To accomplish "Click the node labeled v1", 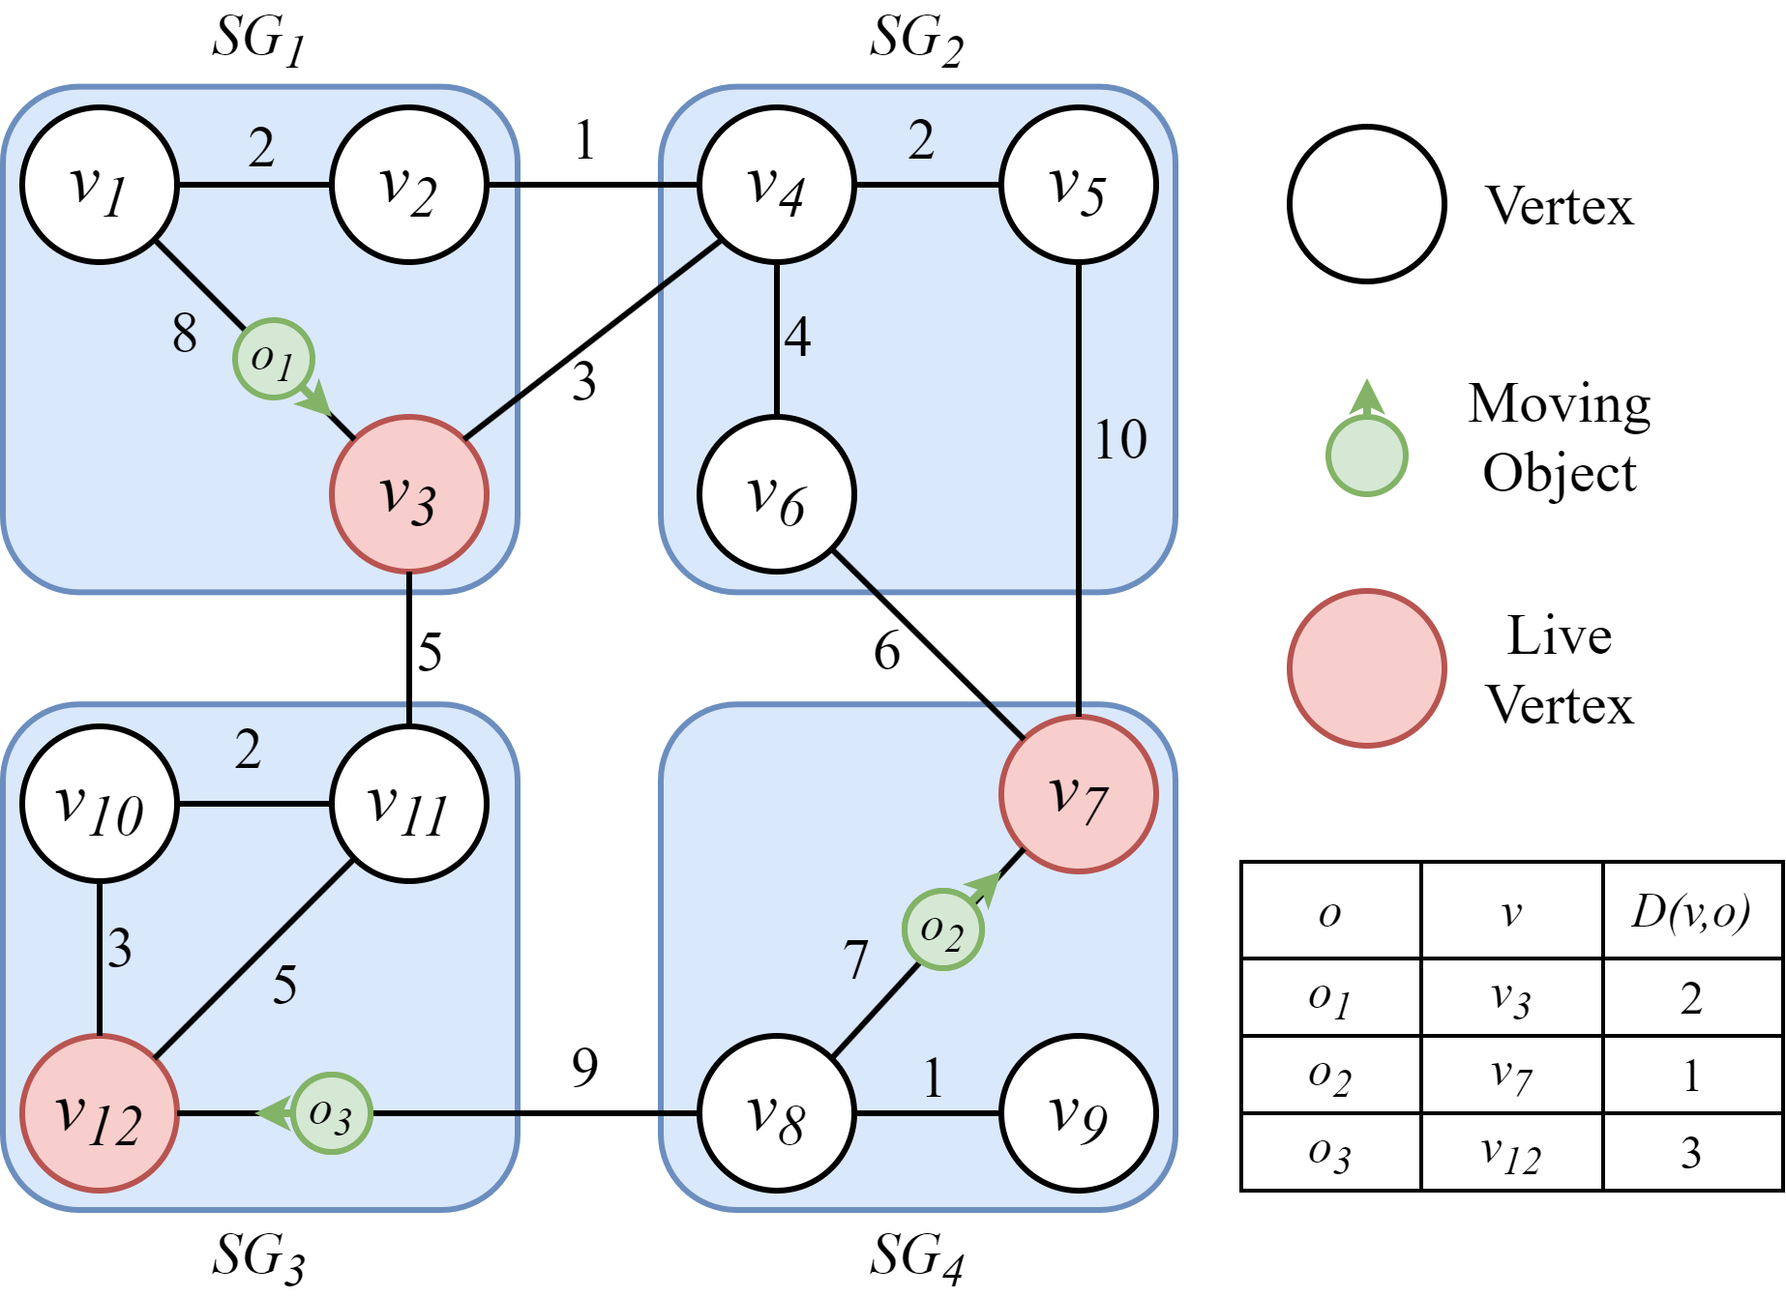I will tap(100, 185).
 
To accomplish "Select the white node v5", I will tap(1078, 185).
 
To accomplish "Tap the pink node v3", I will tap(408, 494).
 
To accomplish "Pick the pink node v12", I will tap(100, 1113).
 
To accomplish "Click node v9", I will tap(1078, 1113).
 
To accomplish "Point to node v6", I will tap(777, 494).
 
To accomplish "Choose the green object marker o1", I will tap(273, 359).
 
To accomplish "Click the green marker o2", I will tap(942, 929).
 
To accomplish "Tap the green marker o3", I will tap(332, 1113).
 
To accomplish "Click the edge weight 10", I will tap(1120, 440).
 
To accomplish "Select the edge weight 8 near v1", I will tap(185, 334).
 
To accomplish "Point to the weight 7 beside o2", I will tap(855, 960).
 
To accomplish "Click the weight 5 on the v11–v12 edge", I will tap(284, 986).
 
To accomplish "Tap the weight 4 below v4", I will tap(797, 338).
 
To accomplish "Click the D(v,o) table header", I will tap(1691, 912).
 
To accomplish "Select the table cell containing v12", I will tap(1511, 1153).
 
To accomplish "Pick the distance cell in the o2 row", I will tap(1691, 1076).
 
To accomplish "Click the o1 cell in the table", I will tap(1330, 998).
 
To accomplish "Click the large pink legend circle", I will tap(1367, 668).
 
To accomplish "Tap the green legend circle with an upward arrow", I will tap(1366, 455).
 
